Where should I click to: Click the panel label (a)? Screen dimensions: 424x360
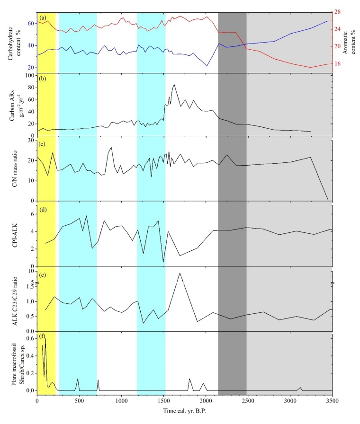point(43,18)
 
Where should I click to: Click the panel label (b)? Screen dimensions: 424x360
point(43,79)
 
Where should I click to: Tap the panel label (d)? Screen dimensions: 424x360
point(43,209)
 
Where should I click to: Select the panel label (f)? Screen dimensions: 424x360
point(43,338)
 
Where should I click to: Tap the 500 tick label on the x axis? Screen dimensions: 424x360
point(79,401)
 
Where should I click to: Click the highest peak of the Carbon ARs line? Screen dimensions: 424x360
point(174,85)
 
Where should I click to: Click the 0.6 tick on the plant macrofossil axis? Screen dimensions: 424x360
point(29,339)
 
